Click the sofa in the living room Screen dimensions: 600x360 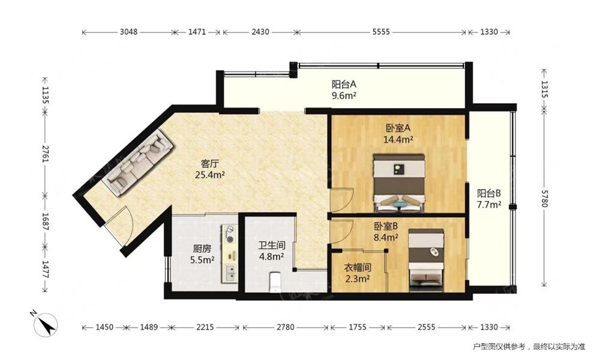(139, 163)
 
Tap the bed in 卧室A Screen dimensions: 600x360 (400, 183)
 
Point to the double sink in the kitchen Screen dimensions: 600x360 (230, 273)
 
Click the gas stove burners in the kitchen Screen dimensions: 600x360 (230, 234)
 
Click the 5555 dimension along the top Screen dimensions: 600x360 (381, 32)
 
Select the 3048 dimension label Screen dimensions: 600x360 (128, 32)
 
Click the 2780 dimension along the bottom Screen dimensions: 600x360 (286, 327)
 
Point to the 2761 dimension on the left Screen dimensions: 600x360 (45, 154)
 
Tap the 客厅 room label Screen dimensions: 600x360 (209, 164)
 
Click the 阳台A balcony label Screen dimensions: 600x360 (344, 84)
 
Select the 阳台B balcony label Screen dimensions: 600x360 (488, 193)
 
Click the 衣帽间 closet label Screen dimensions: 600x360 (358, 268)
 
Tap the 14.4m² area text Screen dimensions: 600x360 (398, 139)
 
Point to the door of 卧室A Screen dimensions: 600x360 (342, 200)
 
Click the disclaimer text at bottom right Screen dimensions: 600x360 (529, 347)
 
